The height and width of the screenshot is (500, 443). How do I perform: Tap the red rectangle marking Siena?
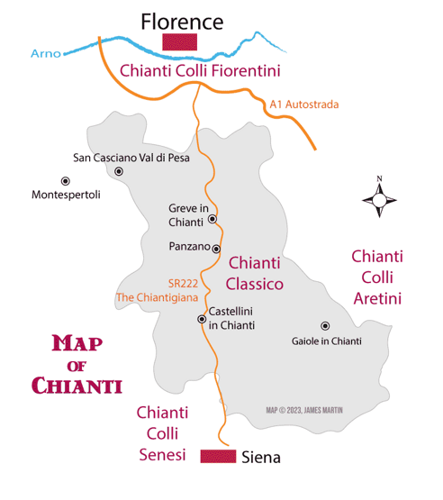[219, 457]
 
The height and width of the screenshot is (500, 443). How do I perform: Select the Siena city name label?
[262, 458]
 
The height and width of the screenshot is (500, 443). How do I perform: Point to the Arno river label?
[45, 53]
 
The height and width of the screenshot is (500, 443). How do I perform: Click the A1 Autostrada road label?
[304, 105]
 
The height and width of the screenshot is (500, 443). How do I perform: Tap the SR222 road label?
[183, 281]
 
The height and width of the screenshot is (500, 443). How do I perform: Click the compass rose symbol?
[379, 198]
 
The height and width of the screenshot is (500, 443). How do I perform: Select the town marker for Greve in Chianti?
[212, 219]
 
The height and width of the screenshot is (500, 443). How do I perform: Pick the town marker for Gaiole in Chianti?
[325, 326]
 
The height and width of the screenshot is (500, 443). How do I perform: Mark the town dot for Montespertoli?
[65, 181]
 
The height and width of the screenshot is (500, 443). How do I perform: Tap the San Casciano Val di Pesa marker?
[118, 170]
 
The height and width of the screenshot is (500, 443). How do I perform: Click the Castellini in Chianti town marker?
[202, 319]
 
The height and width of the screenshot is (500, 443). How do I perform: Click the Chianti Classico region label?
[256, 273]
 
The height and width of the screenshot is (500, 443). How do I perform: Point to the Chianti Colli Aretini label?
[377, 277]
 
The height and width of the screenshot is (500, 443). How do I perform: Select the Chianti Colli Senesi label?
[162, 433]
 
